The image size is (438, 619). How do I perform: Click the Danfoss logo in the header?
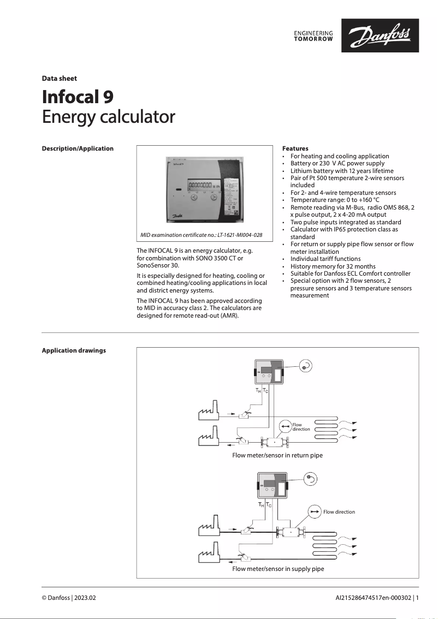(x=380, y=36)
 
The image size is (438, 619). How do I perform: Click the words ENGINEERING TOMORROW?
(x=313, y=36)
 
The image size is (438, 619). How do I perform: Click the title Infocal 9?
(x=78, y=97)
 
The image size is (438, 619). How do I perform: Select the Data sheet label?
(x=60, y=79)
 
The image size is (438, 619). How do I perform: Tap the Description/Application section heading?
(x=78, y=148)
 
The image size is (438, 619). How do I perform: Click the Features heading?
(x=295, y=148)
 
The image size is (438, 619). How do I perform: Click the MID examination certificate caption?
(x=201, y=235)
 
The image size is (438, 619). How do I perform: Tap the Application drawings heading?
(x=74, y=350)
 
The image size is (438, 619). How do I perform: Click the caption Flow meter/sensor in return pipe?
(x=277, y=455)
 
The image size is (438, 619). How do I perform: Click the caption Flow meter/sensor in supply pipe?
(x=278, y=569)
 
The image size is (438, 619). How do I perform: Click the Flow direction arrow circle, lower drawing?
(x=315, y=511)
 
